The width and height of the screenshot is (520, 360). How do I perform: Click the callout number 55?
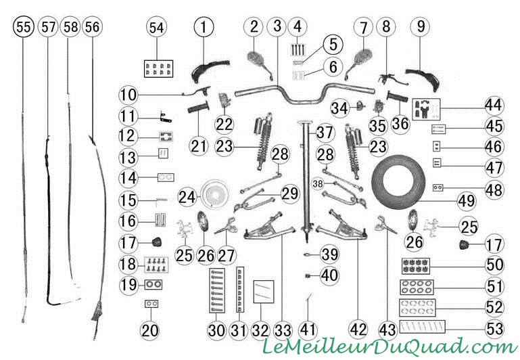24,27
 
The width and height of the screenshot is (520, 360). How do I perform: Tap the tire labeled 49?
398,181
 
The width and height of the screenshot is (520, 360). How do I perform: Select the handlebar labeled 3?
305,94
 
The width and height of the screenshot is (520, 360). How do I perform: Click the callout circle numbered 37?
325,133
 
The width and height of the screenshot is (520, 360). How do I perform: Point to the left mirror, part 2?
260,64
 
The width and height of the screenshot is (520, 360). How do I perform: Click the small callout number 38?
318,183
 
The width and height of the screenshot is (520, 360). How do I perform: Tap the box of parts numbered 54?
158,68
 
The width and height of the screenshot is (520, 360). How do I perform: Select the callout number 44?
494,106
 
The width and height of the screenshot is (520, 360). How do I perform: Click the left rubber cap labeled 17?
156,242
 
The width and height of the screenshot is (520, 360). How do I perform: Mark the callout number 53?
494,328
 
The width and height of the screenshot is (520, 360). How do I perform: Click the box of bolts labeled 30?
217,291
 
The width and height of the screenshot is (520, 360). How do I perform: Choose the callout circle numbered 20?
150,330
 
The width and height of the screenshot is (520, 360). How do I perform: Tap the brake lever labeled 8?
394,80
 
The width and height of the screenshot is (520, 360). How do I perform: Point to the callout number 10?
128,95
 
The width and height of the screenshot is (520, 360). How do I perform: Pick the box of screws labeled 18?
156,265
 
